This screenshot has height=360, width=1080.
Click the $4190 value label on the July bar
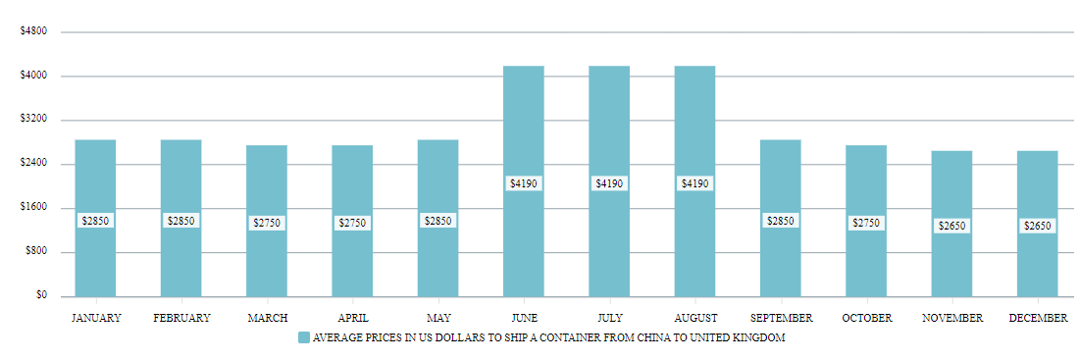click(609, 183)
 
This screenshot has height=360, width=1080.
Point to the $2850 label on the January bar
click(95, 221)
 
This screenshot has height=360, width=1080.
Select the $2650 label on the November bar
click(951, 226)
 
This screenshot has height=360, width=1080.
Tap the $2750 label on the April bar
click(352, 223)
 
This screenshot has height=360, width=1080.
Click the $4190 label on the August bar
click(694, 183)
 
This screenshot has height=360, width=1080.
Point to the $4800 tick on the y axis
click(33, 31)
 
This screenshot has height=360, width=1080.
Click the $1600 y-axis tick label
click(33, 208)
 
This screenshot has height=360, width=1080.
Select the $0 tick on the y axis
click(40, 295)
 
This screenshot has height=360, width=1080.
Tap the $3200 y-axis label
click(33, 120)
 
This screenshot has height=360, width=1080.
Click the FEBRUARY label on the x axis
click(181, 318)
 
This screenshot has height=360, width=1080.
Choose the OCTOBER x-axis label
click(866, 318)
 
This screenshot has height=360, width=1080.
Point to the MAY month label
click(437, 318)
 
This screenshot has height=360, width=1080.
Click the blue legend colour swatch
click(303, 337)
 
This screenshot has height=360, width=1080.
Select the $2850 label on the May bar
click(437, 221)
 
